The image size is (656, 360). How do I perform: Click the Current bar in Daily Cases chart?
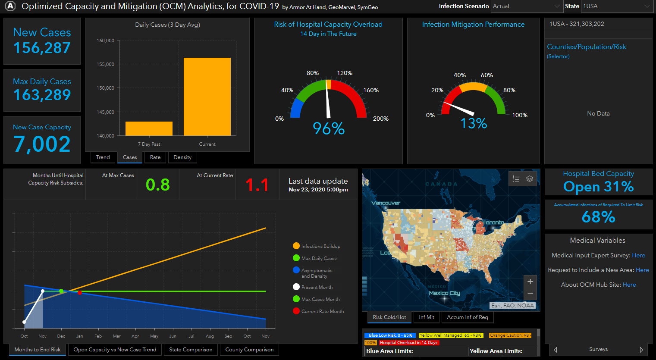pos(207,97)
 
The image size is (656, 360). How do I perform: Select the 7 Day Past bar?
pos(149,128)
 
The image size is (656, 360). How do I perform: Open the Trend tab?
pos(103,157)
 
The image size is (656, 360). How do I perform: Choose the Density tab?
pos(182,157)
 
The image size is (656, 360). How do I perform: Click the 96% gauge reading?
pos(329,128)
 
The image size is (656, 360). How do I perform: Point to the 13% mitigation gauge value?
pos(474,124)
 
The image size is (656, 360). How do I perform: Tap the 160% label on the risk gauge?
pos(371,90)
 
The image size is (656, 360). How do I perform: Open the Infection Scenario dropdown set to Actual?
pos(526,6)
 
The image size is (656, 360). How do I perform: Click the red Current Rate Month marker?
pos(80,293)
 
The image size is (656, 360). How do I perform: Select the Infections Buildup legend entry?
pos(320,246)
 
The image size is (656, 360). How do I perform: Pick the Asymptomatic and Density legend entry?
pos(317,273)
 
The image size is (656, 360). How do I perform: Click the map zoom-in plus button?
pos(530,282)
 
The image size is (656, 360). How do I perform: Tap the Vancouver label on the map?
pos(386,203)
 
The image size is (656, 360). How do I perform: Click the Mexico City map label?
pos(444,293)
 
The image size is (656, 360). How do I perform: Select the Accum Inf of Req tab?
pos(468,317)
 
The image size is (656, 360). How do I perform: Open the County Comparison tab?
pos(249,350)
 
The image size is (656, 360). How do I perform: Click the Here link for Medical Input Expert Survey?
pos(638,255)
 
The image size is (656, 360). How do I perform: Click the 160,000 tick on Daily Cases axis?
pos(105,41)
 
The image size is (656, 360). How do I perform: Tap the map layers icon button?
pos(530,178)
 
